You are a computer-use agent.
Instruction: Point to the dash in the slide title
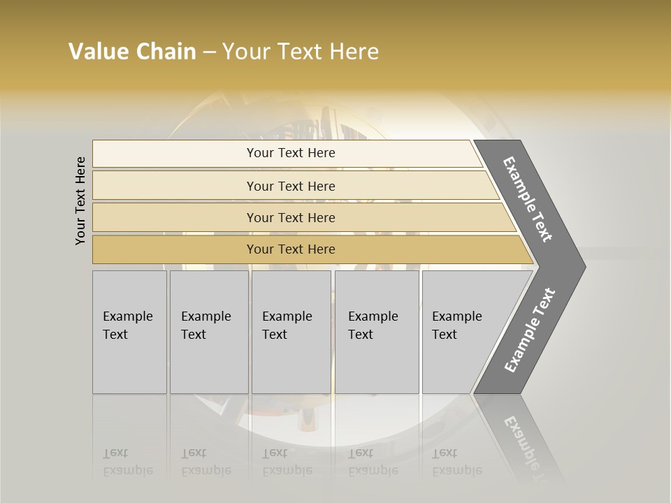point(209,52)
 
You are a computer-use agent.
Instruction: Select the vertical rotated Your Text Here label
point(80,201)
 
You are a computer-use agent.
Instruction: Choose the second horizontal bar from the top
point(290,186)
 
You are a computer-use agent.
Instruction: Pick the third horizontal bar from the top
point(290,217)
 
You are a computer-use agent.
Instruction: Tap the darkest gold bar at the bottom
point(290,249)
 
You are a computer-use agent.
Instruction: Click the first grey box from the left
point(129,332)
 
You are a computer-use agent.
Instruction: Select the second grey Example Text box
point(209,332)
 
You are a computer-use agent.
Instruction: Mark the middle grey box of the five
point(291,332)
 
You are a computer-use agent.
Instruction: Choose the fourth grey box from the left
point(377,332)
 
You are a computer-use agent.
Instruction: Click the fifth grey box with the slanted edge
point(461,332)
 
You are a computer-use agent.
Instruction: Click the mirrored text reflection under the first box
point(128,462)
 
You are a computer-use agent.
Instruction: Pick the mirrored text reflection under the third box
point(287,462)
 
